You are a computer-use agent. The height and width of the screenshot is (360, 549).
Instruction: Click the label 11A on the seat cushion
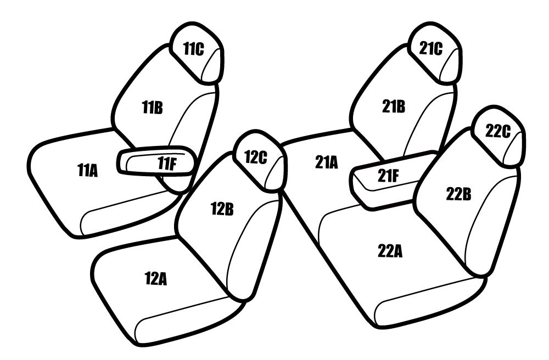tap(87, 171)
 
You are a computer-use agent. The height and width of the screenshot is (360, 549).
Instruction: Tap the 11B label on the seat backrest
tap(152, 107)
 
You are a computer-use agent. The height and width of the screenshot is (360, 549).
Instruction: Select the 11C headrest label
tap(194, 49)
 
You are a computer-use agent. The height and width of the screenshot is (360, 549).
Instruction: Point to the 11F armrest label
tap(167, 163)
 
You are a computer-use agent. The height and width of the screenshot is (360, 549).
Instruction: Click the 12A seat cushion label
tap(155, 279)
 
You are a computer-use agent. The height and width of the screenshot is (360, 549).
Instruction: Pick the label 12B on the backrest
tap(222, 209)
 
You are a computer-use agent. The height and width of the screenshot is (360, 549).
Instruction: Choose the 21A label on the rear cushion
tap(326, 162)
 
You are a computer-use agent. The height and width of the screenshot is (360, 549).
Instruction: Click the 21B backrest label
tap(394, 106)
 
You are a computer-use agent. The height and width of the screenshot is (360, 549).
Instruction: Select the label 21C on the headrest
tap(430, 49)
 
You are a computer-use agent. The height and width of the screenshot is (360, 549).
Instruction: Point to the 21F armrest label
tap(388, 176)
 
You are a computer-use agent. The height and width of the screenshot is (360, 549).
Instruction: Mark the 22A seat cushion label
tap(390, 251)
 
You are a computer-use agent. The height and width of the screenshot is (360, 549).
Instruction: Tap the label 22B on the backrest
tap(458, 194)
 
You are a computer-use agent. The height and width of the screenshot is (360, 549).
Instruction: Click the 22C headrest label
tap(498, 132)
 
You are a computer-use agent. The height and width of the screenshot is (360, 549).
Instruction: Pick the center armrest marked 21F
tap(389, 179)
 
